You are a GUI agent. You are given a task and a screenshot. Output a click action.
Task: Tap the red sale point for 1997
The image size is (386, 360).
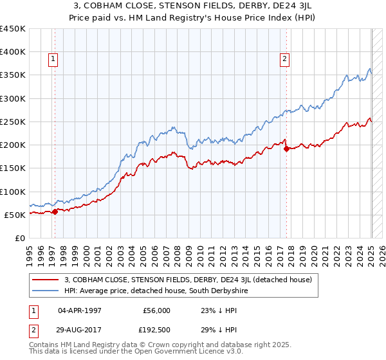[x=55, y=211]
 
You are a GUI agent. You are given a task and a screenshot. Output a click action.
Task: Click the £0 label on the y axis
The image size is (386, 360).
[x=19, y=238]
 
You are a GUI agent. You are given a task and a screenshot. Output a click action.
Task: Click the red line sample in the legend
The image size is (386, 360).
[x=45, y=280]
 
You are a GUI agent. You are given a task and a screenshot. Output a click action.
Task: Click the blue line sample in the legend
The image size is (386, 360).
[x=45, y=291]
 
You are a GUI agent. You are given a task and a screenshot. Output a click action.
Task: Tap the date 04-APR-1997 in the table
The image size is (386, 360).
[x=81, y=310]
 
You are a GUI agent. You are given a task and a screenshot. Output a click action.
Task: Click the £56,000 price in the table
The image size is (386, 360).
[x=156, y=310]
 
